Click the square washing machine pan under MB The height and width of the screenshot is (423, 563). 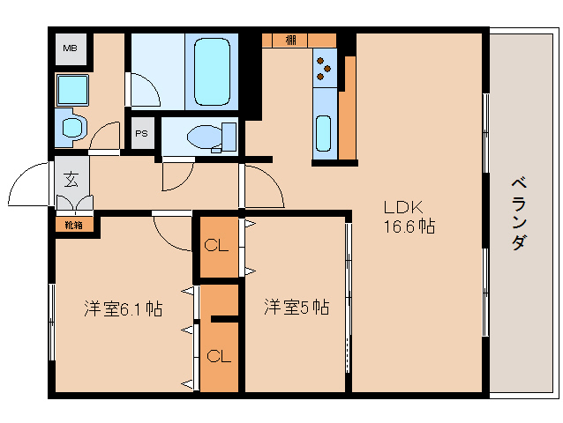pos(71,89)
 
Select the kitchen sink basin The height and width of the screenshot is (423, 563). pos(324,132)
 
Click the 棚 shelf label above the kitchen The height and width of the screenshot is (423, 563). pos(290,40)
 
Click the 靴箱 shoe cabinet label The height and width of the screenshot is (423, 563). pos(73,224)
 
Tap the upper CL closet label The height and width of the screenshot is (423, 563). pos(216,246)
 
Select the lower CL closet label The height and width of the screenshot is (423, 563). pos(219,356)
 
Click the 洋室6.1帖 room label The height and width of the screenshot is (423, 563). pos(123,308)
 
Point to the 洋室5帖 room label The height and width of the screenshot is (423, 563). pos(297,308)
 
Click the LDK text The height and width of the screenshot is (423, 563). pos(403,207)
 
